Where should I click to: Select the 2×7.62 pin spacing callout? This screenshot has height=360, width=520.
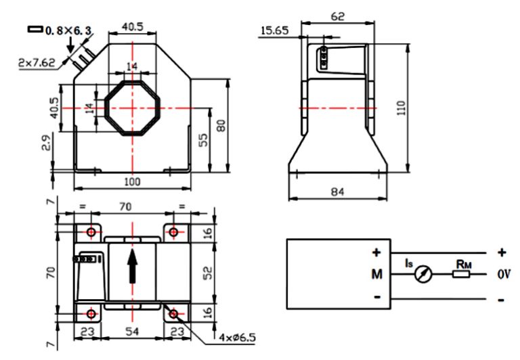37,62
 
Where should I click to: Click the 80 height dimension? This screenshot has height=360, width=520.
221,126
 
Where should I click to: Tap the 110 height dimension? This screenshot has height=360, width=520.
403,108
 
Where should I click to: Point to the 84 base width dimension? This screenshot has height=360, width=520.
337,192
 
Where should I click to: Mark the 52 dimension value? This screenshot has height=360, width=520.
209,273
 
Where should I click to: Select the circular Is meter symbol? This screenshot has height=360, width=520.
424,275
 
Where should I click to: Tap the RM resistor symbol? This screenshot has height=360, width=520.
462,274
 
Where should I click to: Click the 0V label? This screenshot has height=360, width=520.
502,274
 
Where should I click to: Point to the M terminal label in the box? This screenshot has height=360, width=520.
377,274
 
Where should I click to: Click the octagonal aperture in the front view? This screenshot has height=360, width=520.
133,107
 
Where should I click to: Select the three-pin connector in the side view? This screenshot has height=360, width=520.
324,58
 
